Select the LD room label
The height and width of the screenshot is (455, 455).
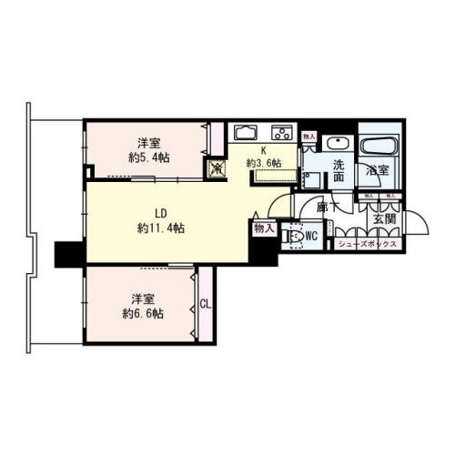pyautogui.click(x=160, y=212)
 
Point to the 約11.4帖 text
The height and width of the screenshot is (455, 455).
pyautogui.click(x=160, y=228)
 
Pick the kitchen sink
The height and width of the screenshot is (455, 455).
pyautogui.click(x=248, y=131)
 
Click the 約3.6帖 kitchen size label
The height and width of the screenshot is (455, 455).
pyautogui.click(x=263, y=163)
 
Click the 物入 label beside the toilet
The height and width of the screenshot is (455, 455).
pyautogui.click(x=264, y=228)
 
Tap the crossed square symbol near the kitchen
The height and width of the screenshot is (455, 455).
pyautogui.click(x=219, y=168)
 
